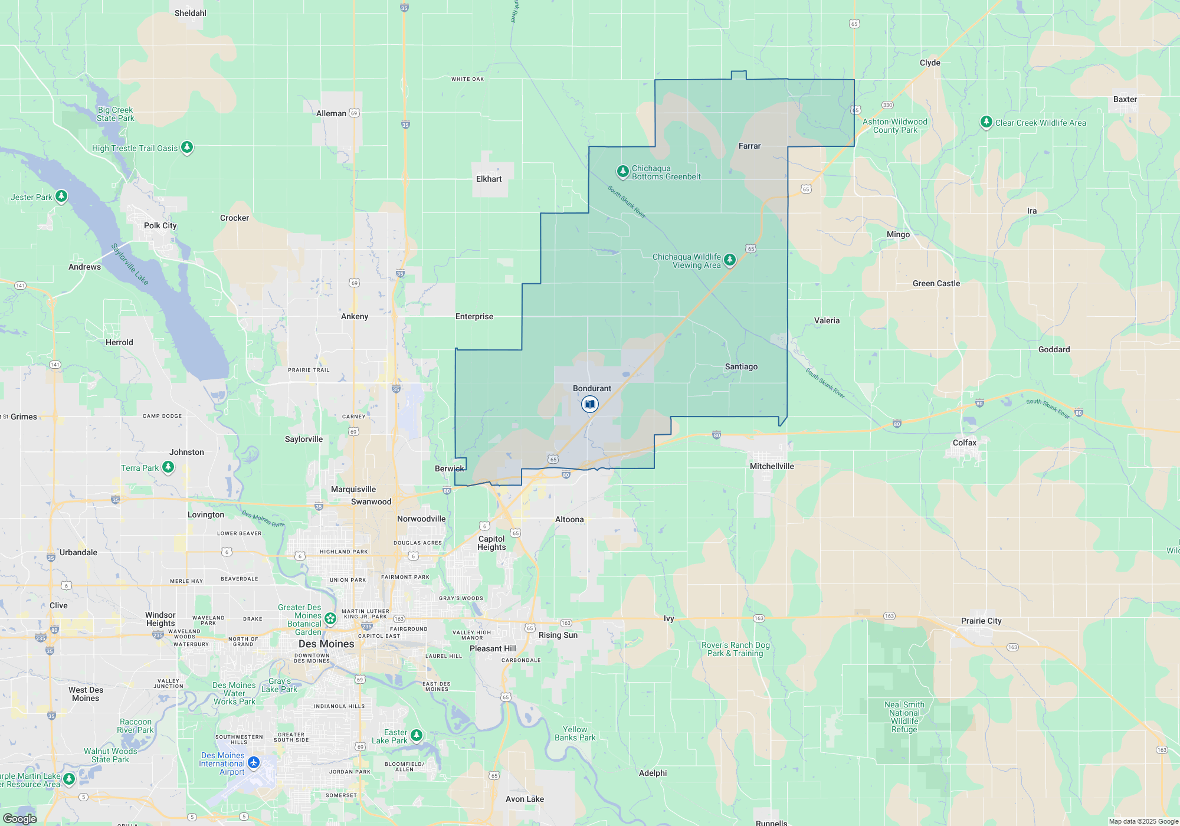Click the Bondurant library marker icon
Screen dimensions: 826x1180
pos(589,404)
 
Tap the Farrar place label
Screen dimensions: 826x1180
pos(749,146)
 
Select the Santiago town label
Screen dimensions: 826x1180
pos(741,366)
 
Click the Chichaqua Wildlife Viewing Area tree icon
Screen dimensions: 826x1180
pos(730,260)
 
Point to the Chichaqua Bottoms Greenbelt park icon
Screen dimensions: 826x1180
pos(622,171)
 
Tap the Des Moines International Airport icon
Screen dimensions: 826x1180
pos(254,763)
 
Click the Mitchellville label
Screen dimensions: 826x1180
pos(772,466)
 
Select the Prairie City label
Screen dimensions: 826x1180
pos(981,621)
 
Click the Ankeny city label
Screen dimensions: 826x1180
pos(355,316)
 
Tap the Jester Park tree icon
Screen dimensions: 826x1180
pos(61,196)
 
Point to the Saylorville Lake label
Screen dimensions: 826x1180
pos(130,264)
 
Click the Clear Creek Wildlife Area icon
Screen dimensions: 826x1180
pos(986,122)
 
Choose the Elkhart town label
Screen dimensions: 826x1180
pos(489,179)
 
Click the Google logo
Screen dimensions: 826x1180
pos(20,818)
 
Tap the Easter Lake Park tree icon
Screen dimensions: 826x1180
pos(417,735)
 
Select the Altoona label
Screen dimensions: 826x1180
pos(569,519)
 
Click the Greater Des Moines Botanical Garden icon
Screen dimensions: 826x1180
pos(330,618)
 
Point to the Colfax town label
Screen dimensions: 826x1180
pos(964,442)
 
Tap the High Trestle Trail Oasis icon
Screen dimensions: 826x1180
pos(187,147)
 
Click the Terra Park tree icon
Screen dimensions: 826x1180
pos(168,467)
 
